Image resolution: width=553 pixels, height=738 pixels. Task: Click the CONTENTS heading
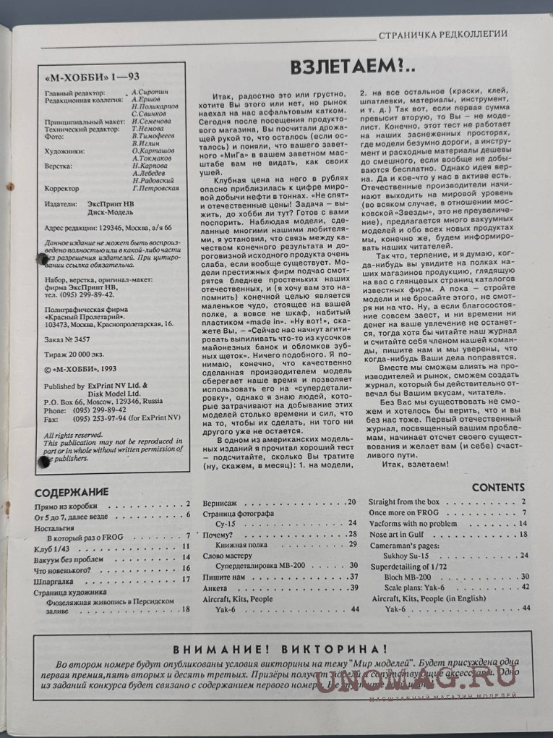(498, 488)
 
